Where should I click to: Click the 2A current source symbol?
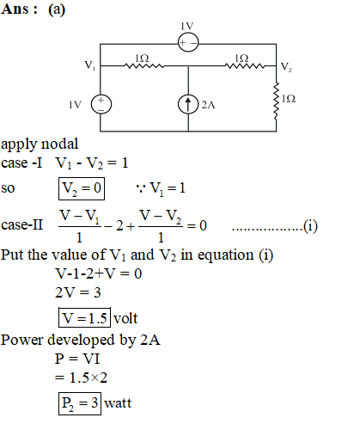coord(188,104)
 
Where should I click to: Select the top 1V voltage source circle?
coord(188,42)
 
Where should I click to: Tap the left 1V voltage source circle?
coord(101,104)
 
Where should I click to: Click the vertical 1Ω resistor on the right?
coord(277,101)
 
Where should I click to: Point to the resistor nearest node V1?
coord(144,66)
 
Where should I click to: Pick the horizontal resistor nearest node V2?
coord(245,66)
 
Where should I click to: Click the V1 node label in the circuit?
coord(90,65)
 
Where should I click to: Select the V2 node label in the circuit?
coord(286,67)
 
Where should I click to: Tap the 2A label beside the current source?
coord(208,105)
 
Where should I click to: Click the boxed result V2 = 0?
coord(82,188)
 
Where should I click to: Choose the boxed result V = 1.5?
coord(84,317)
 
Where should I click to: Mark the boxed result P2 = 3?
coord(80,403)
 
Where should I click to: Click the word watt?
coord(118,403)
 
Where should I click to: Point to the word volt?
coord(125,318)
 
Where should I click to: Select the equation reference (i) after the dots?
coord(310,226)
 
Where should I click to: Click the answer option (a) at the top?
coord(57,9)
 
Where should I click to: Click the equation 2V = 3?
coord(78,292)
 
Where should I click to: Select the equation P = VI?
coord(77,359)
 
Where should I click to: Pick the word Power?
coord(22,340)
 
